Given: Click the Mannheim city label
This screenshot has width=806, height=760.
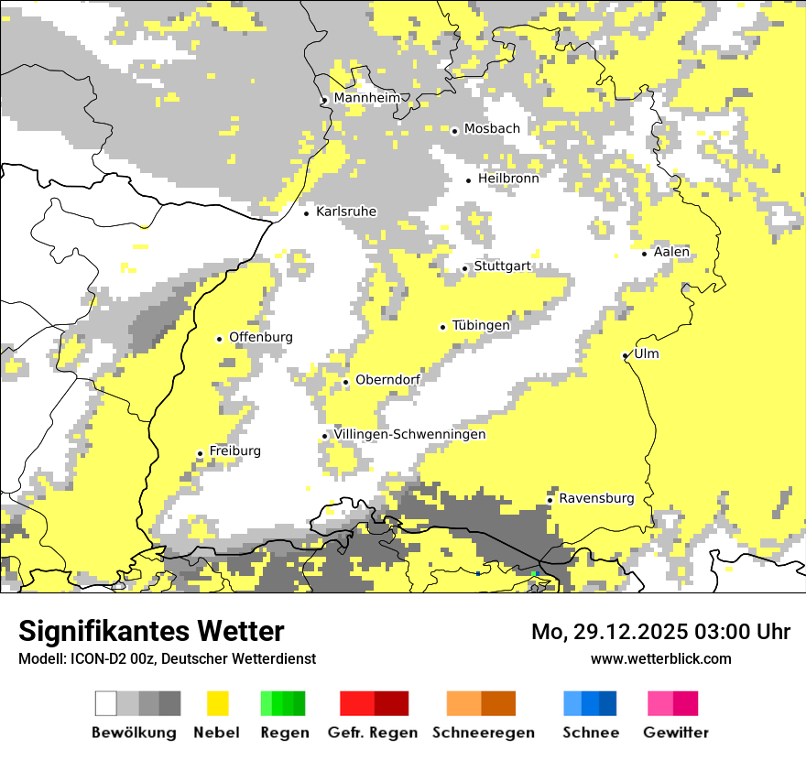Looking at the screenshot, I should pyautogui.click(x=367, y=98).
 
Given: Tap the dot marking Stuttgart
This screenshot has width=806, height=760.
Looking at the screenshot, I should pyautogui.click(x=465, y=269).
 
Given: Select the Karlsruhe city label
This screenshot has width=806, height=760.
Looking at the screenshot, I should pyautogui.click(x=345, y=212).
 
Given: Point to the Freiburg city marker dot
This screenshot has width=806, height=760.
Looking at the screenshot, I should pyautogui.click(x=200, y=454).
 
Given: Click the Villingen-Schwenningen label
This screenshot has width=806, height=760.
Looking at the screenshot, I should pyautogui.click(x=409, y=434).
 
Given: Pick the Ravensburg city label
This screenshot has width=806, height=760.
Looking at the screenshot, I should pyautogui.click(x=596, y=498).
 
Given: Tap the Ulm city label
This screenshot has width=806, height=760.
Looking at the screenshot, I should pyautogui.click(x=646, y=353).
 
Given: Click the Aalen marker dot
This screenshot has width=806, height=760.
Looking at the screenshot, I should pyautogui.click(x=645, y=254).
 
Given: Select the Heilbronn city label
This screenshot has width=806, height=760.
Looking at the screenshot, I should pyautogui.click(x=508, y=179).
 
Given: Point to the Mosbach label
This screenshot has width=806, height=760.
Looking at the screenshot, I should pyautogui.click(x=492, y=129).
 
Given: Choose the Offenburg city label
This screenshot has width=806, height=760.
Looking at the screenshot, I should pyautogui.click(x=261, y=337).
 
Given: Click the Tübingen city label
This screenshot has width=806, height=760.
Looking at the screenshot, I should pyautogui.click(x=481, y=325).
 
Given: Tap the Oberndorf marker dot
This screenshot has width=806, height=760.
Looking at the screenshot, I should pyautogui.click(x=345, y=383).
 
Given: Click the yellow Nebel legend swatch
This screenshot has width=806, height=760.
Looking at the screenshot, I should pyautogui.click(x=218, y=703).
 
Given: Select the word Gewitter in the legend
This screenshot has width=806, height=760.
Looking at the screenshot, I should pyautogui.click(x=676, y=733).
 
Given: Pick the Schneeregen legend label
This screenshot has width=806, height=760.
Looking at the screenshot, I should pyautogui.click(x=484, y=733).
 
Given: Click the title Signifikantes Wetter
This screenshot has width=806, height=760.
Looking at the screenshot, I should pyautogui.click(x=151, y=631).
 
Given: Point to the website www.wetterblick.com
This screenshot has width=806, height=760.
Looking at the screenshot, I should pyautogui.click(x=660, y=658).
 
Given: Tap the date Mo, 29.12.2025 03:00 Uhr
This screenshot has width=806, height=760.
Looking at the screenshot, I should pyautogui.click(x=660, y=632).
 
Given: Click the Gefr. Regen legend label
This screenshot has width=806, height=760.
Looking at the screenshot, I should pyautogui.click(x=372, y=733).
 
